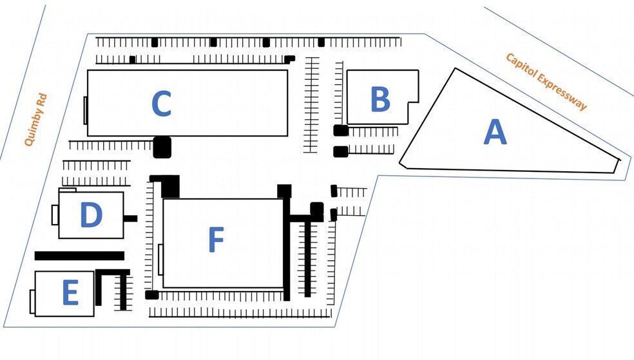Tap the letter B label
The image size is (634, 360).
(380, 100)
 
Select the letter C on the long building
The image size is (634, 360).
(161, 104)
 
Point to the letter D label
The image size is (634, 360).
(91, 215)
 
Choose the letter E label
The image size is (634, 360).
(70, 293)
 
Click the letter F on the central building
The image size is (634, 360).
(216, 241)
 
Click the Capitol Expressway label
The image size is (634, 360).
(546, 81)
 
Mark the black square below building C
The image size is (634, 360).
(162, 147)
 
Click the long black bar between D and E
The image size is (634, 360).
(79, 256)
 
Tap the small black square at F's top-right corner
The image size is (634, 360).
(284, 191)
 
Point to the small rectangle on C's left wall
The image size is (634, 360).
(86, 110)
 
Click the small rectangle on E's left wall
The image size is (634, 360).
(32, 301)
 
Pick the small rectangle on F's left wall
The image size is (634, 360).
(160, 260)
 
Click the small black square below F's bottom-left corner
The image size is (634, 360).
(152, 295)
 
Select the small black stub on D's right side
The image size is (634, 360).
(130, 218)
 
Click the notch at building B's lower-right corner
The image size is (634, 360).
(413, 112)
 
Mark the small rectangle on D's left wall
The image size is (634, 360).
(55, 214)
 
